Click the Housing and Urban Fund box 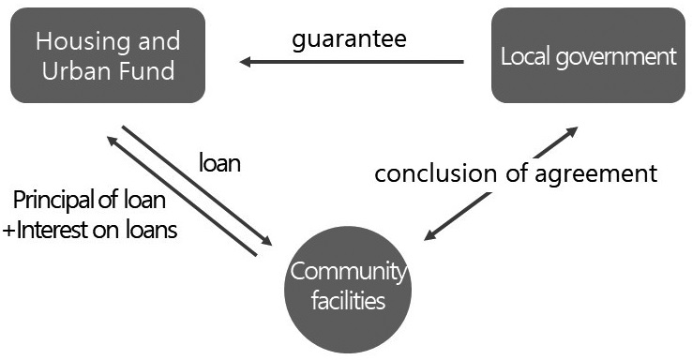pos(108,55)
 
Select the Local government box pos(588,55)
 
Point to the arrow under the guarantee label pos(352,62)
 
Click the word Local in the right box pos(522,56)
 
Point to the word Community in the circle pos(348,273)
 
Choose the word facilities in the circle pos(348,302)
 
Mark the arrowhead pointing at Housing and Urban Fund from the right pos(246,62)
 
